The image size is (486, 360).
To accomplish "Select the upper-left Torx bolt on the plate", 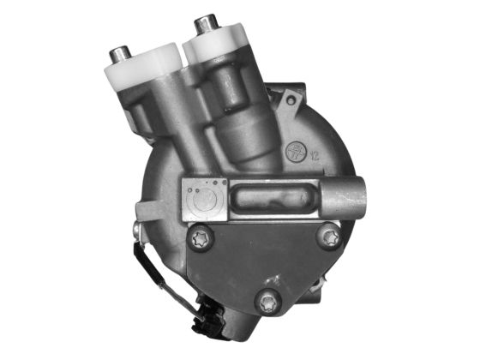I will click(x=201, y=239).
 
